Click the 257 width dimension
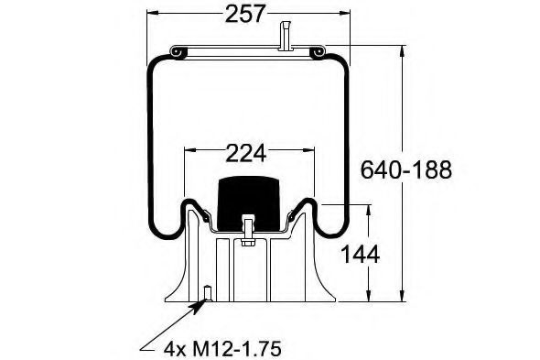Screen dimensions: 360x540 [x=245, y=14]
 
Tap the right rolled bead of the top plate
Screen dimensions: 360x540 [x=318, y=54]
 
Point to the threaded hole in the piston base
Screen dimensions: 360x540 [x=208, y=293]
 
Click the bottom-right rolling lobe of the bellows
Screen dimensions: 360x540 [x=331, y=224]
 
